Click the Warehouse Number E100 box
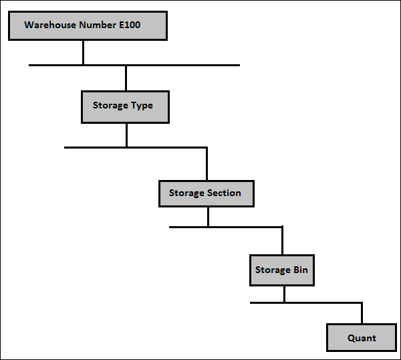87,26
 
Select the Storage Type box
125,106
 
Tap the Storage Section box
207,193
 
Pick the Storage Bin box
282,270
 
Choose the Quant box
362,337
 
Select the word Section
223,193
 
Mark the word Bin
301,270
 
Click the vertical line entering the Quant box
362,313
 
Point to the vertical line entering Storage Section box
207,163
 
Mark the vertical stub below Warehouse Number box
83,53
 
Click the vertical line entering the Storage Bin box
282,241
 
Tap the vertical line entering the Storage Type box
126,78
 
